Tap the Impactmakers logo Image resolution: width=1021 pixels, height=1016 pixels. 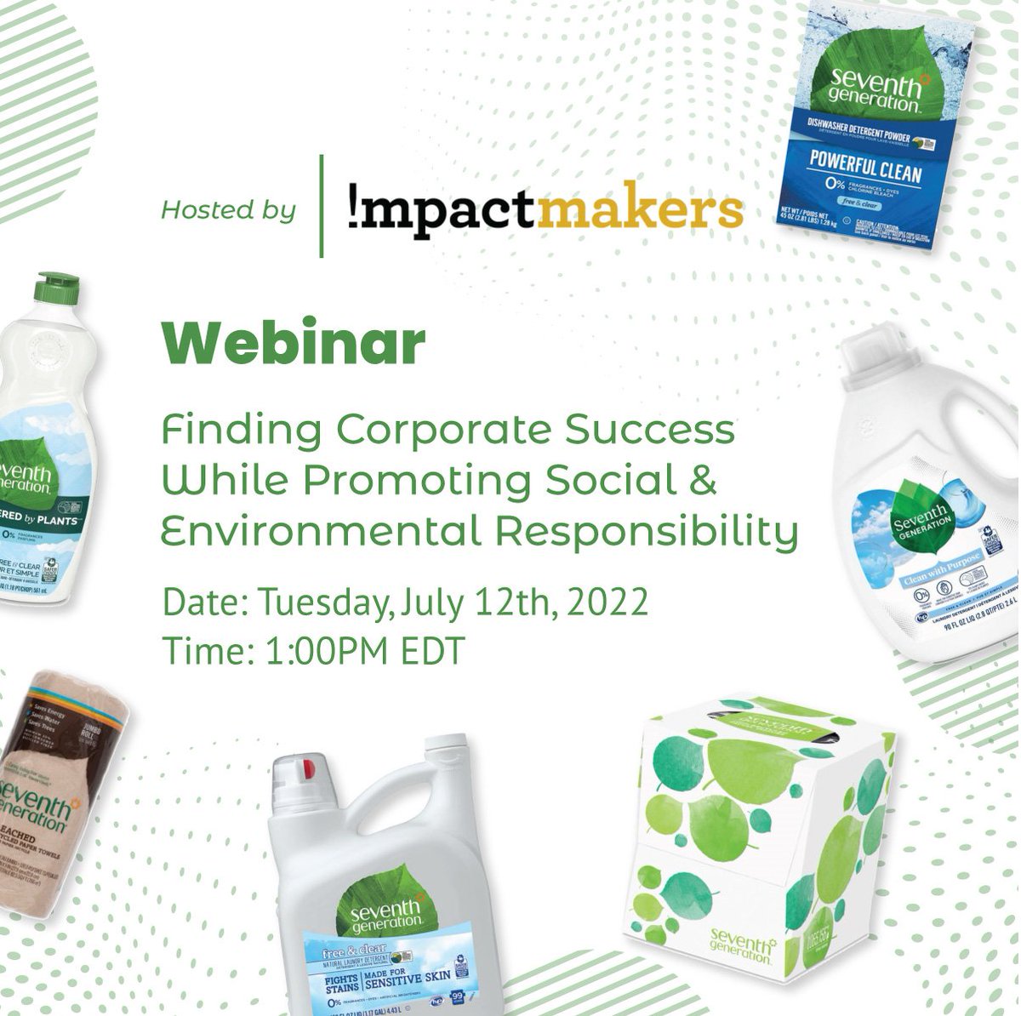(545, 209)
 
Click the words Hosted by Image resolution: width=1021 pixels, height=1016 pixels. (228, 209)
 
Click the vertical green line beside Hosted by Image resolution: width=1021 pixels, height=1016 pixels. (322, 205)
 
